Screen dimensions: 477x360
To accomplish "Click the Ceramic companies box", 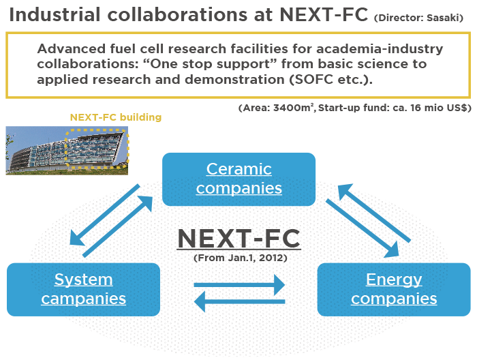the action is (x=238, y=179).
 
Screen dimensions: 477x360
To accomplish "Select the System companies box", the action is (x=83, y=289).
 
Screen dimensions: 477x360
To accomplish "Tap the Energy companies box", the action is (x=394, y=289).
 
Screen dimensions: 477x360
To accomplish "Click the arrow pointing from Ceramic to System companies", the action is (x=104, y=215).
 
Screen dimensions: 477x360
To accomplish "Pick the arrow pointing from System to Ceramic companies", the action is (x=118, y=226).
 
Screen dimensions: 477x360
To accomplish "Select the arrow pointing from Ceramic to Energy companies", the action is (x=363, y=228).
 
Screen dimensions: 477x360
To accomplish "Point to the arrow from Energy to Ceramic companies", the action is (x=375, y=213).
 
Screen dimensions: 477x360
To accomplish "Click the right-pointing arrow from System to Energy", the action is (x=239, y=285).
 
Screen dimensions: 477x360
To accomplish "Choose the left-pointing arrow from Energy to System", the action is (x=239, y=301).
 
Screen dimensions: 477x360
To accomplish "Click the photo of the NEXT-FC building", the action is (x=67, y=151).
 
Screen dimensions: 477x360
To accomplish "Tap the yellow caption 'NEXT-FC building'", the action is (x=116, y=117).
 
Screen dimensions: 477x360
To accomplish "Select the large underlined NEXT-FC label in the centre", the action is (x=238, y=239).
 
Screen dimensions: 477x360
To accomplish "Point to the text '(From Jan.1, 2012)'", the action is (x=241, y=258).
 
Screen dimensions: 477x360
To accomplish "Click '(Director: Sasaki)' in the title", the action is (x=418, y=18).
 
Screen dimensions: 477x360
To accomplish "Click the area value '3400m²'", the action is (x=293, y=108).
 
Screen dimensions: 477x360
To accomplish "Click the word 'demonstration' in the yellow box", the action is (x=234, y=80).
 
